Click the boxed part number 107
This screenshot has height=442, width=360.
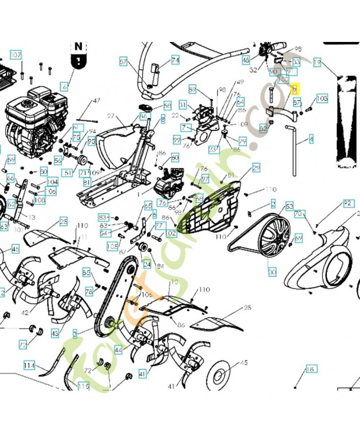click(x=16, y=55)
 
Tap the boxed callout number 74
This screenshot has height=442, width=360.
click(x=175, y=60)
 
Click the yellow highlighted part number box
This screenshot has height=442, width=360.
click(x=295, y=88)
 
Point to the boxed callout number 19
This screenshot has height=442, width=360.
click(x=317, y=63)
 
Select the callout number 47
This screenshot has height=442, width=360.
click(x=97, y=101)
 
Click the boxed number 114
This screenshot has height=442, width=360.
click(x=29, y=366)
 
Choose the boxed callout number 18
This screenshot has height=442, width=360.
click(x=310, y=369)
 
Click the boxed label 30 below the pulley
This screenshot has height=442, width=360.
click(x=272, y=272)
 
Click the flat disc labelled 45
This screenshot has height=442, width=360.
click(x=221, y=376)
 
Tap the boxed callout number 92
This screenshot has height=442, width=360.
click(x=348, y=203)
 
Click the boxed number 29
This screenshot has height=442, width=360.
click(x=256, y=167)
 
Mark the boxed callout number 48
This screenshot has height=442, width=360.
click(x=246, y=60)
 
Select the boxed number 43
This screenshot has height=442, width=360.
click(x=55, y=334)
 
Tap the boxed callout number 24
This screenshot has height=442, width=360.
click(x=147, y=264)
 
